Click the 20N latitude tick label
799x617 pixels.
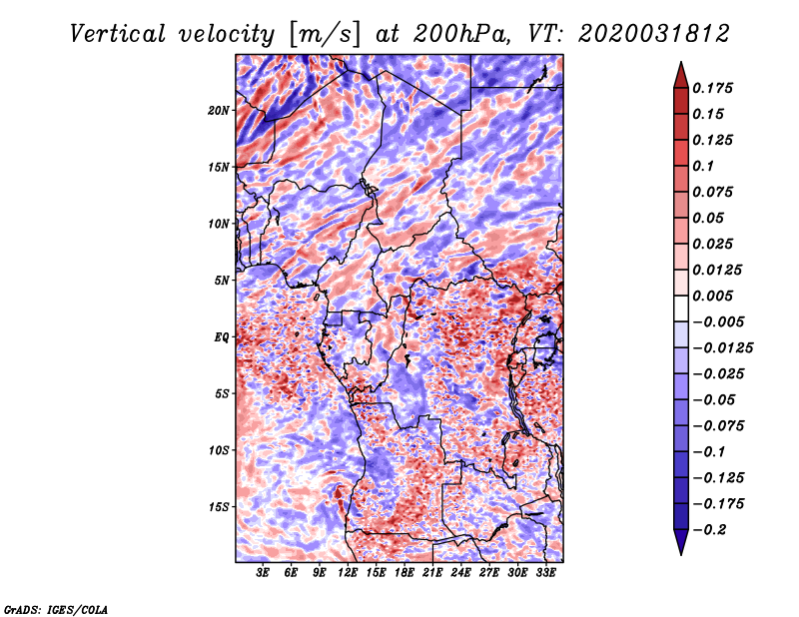pos(219,111)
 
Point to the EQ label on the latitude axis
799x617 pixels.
pos(221,337)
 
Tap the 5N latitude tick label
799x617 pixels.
pos(222,281)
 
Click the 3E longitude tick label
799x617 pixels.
pos(263,573)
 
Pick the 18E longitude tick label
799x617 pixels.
pos(404,573)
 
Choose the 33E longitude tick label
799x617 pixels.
pos(545,573)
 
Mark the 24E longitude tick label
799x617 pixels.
pos(460,573)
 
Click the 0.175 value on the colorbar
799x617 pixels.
pos(712,88)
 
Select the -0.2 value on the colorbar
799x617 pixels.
pos(709,530)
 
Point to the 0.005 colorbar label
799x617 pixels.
pos(712,296)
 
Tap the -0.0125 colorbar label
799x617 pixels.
pos(722,348)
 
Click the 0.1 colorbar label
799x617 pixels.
pos(703,166)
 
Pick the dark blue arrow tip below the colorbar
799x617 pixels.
pos(681,554)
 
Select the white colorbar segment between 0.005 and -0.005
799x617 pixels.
pos(681,308)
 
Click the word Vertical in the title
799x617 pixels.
pos(118,34)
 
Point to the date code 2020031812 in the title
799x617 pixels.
pos(654,34)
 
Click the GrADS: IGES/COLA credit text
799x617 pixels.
pos(56,610)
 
